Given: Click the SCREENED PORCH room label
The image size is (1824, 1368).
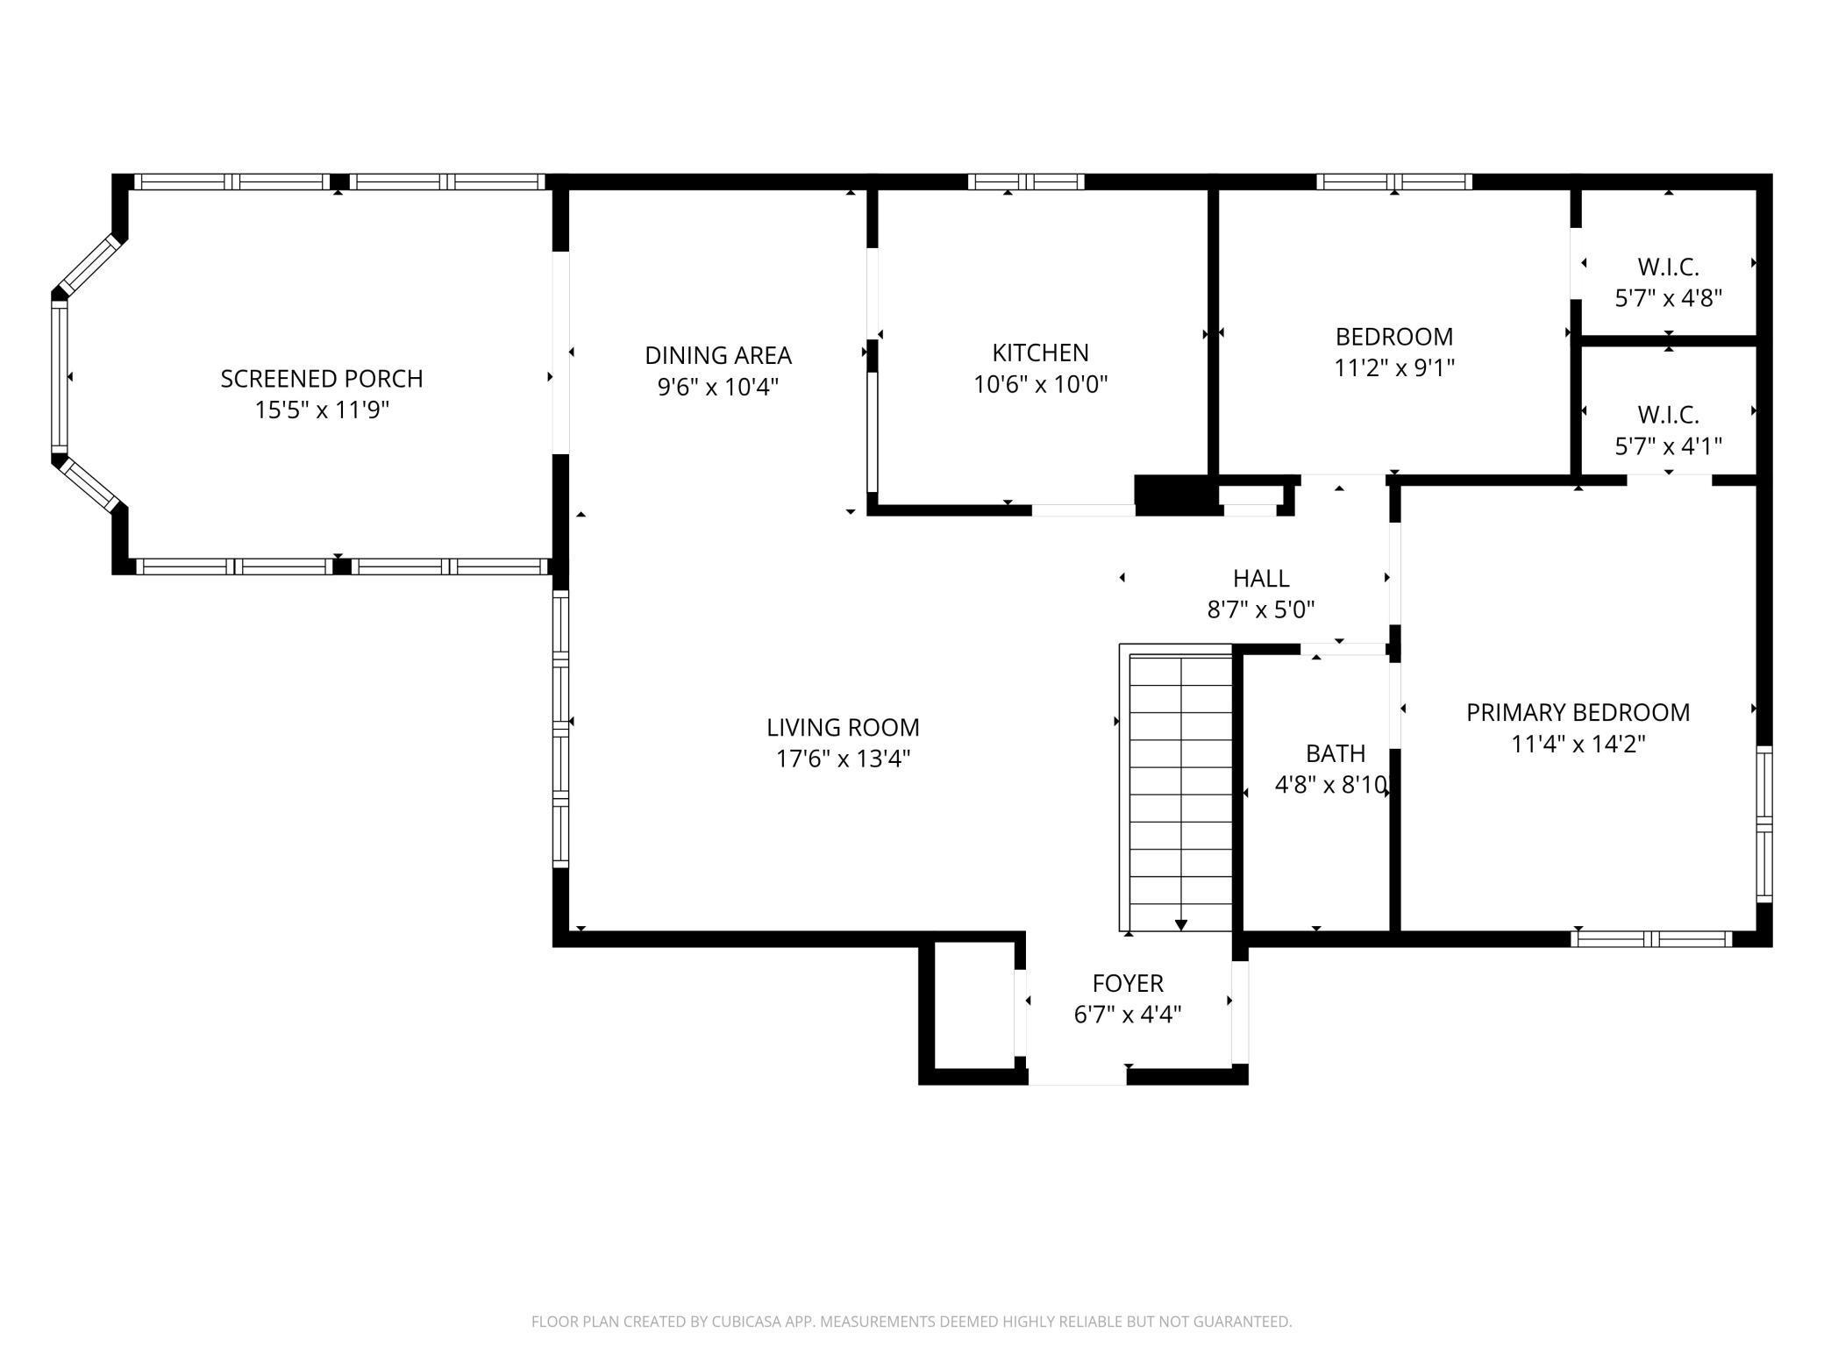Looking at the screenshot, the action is [x=322, y=379].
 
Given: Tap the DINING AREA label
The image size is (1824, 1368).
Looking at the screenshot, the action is [x=718, y=355].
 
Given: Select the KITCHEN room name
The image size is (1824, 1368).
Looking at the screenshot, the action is [x=1040, y=353].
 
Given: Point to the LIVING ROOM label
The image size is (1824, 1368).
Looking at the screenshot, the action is [x=843, y=727].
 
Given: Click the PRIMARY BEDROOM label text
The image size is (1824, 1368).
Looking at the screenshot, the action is [x=1578, y=712].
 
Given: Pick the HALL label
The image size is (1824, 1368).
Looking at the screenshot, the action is [x=1261, y=578].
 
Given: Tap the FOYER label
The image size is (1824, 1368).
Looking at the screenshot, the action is [x=1128, y=983].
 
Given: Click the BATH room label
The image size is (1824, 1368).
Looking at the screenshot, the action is [x=1335, y=753].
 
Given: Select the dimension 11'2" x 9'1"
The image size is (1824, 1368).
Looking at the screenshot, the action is [x=1394, y=368].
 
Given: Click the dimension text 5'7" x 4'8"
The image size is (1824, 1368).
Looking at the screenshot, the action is [x=1669, y=298].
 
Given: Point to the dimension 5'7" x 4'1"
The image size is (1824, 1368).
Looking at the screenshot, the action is [x=1669, y=446].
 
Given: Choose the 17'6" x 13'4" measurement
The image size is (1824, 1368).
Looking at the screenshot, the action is [x=843, y=759].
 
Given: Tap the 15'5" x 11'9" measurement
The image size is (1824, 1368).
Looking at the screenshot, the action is [x=322, y=410].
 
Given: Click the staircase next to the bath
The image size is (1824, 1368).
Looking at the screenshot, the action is [x=1176, y=787].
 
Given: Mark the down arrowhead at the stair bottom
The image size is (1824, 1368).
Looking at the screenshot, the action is [x=1181, y=924].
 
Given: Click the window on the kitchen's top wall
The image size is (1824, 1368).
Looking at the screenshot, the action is [x=1026, y=182].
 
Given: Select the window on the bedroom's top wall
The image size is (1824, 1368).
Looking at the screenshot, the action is [x=1394, y=182].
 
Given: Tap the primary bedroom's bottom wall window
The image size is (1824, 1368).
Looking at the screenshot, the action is [x=1651, y=939].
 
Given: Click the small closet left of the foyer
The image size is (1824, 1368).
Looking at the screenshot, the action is [x=973, y=1006].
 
